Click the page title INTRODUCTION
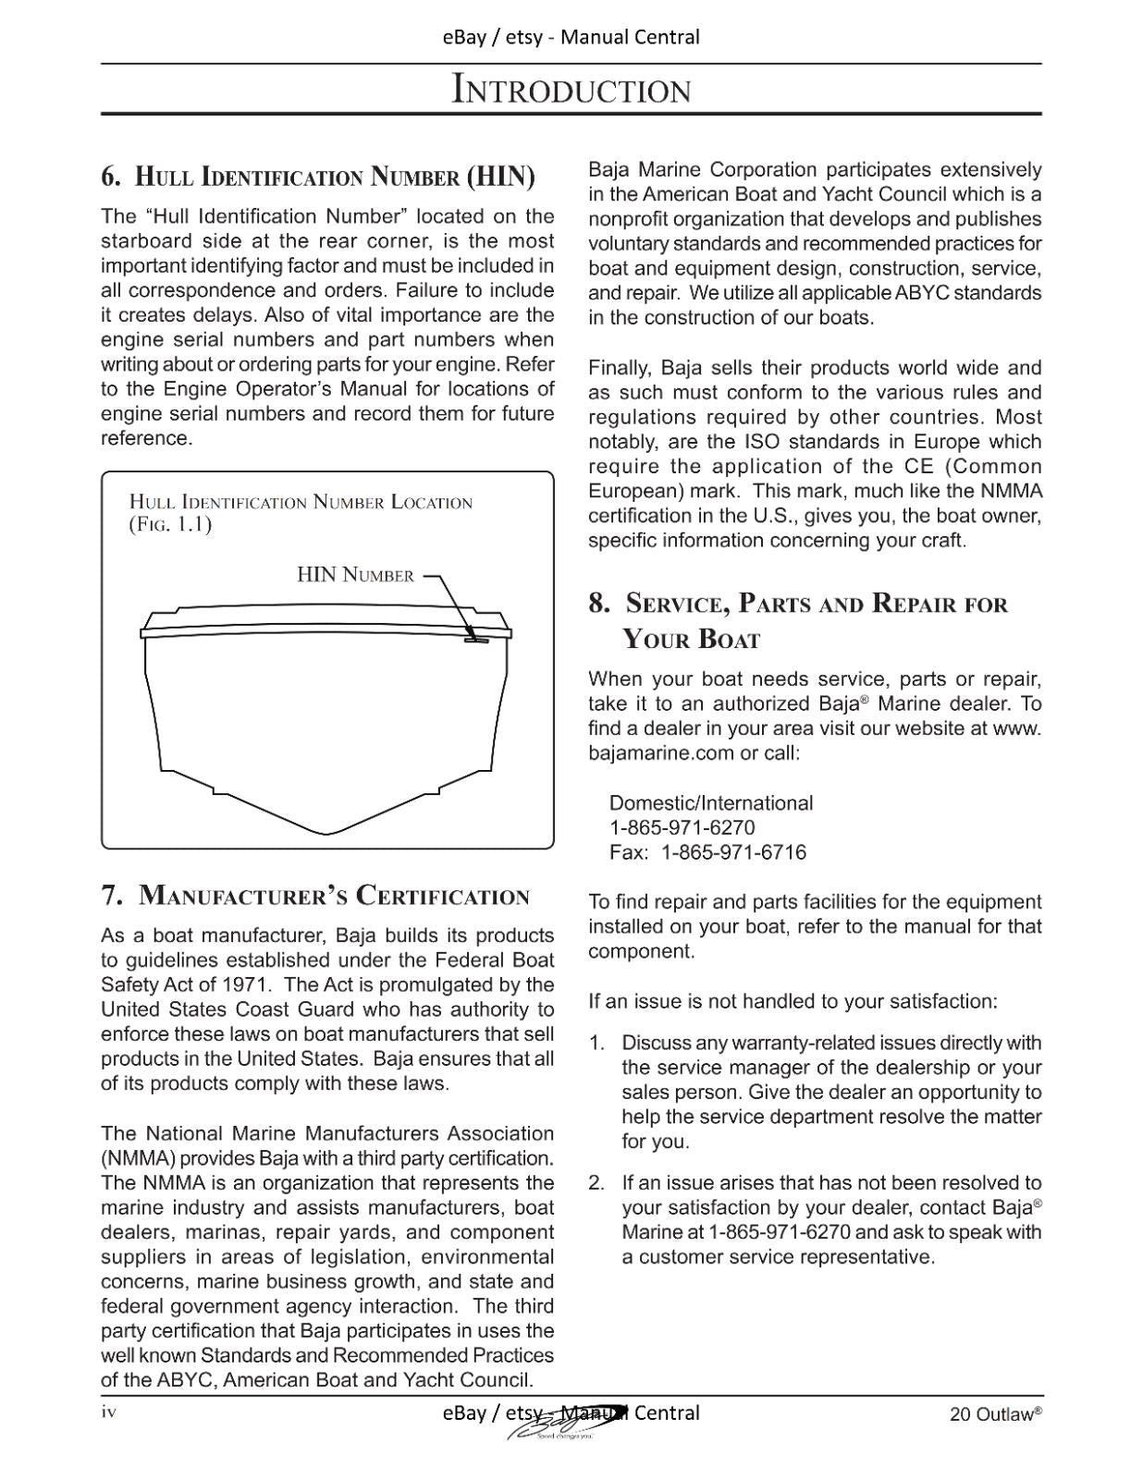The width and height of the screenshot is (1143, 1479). pyautogui.click(x=571, y=90)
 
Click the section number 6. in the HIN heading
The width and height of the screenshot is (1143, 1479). pyautogui.click(x=111, y=176)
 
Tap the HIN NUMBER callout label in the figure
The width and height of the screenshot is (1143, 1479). pyautogui.click(x=355, y=575)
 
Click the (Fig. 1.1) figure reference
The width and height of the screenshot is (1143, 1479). pyautogui.click(x=170, y=525)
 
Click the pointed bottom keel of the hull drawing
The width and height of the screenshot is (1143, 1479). pyautogui.click(x=327, y=831)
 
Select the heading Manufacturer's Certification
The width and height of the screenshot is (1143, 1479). pyautogui.click(x=334, y=896)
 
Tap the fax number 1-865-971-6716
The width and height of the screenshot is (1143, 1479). pyautogui.click(x=733, y=852)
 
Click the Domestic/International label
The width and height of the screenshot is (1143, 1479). pyautogui.click(x=710, y=802)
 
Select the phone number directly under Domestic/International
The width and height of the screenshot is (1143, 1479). pyautogui.click(x=682, y=827)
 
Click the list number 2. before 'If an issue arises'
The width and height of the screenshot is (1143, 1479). pyautogui.click(x=596, y=1182)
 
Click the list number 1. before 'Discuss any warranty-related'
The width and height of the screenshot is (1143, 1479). pyautogui.click(x=596, y=1043)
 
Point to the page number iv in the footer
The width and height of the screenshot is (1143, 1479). pyautogui.click(x=109, y=1412)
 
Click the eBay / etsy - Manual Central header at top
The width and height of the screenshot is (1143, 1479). pyautogui.click(x=571, y=37)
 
